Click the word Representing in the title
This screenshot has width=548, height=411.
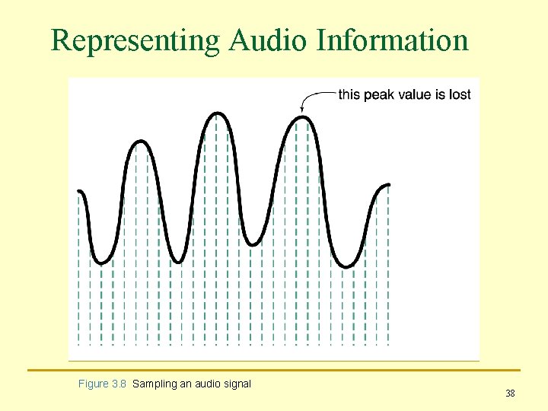[135, 40]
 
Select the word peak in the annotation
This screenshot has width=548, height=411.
[379, 95]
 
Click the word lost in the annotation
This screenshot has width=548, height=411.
[460, 95]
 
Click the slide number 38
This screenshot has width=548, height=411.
[510, 393]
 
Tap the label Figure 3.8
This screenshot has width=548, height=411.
[103, 384]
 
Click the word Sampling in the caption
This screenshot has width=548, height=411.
[155, 384]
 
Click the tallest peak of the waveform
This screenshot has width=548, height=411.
[218, 113]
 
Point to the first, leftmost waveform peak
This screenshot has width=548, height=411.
[140, 142]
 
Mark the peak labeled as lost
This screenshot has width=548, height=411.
[303, 117]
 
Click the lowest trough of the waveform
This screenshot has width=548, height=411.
[347, 266]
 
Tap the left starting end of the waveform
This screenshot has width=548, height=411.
[80, 192]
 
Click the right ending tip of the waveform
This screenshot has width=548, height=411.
[389, 185]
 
